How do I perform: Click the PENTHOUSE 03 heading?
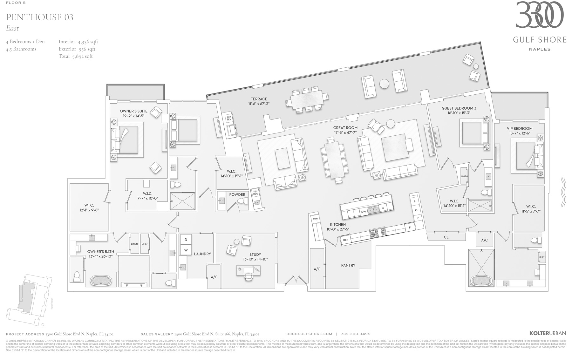click(x=40, y=17)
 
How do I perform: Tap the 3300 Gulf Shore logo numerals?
click(x=539, y=15)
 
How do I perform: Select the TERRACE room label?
click(x=259, y=99)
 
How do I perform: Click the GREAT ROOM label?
click(x=345, y=128)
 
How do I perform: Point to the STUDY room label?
click(x=255, y=255)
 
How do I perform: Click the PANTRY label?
click(x=348, y=265)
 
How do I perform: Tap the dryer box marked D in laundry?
click(x=186, y=240)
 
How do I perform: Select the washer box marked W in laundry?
click(x=186, y=250)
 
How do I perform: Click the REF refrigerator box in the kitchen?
click(x=346, y=240)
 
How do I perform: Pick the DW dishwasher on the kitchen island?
click(x=364, y=211)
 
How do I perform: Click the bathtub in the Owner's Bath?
click(x=101, y=281)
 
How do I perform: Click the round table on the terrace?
click(x=384, y=84)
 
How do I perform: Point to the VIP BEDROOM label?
click(x=520, y=129)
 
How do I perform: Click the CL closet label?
click(x=446, y=237)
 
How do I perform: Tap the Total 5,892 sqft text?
click(x=76, y=56)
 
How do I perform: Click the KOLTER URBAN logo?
click(x=548, y=333)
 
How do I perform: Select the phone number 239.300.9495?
click(x=355, y=334)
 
